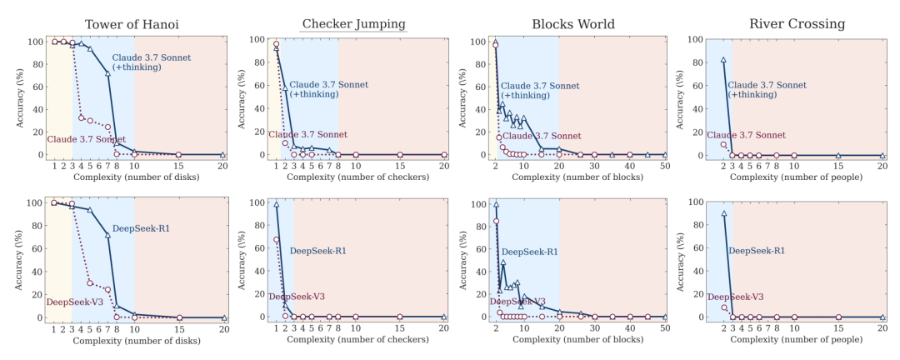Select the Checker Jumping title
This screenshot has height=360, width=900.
point(354,22)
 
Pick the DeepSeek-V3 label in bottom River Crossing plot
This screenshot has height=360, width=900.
point(736,297)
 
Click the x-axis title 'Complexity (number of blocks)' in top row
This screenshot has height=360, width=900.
point(577,177)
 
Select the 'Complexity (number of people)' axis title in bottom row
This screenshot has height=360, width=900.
point(795,340)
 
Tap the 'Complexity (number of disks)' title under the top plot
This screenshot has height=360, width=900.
point(139,177)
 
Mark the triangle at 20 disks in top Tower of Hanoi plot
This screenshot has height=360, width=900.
point(223,155)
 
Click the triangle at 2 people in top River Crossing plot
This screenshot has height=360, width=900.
point(723,61)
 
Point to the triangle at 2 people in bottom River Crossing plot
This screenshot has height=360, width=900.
point(723,214)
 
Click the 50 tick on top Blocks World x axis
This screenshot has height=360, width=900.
point(664,166)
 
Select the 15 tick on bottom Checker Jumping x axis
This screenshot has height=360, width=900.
point(400,328)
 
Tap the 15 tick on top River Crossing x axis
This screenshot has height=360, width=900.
point(838,166)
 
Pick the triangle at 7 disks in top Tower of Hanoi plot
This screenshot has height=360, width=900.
point(108,73)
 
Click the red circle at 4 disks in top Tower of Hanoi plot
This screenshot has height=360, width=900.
point(82,117)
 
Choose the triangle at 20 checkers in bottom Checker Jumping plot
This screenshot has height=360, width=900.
point(444,317)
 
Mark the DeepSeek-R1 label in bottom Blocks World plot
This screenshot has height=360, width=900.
point(529,252)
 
